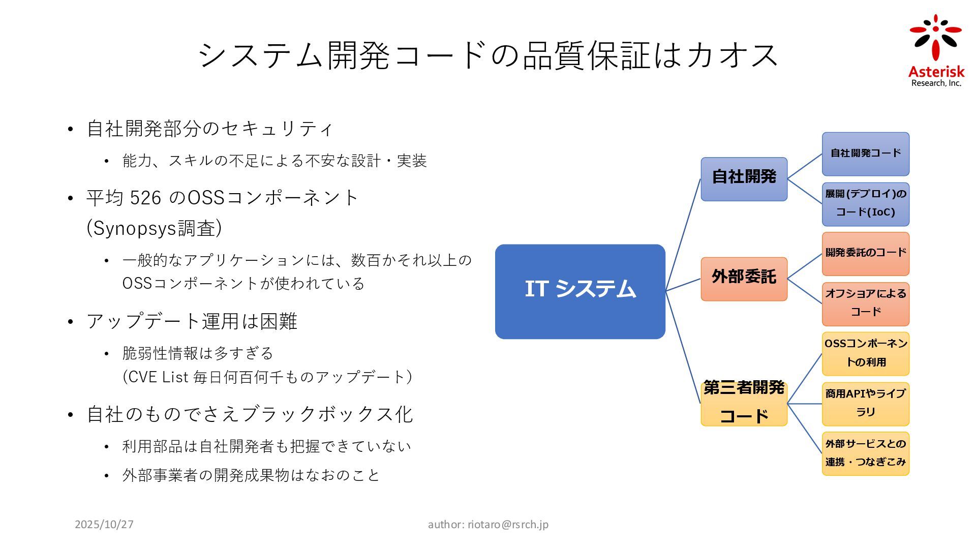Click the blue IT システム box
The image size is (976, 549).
pyautogui.click(x=580, y=291)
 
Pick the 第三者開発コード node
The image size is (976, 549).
pyautogui.click(x=744, y=403)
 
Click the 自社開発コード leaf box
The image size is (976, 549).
pyautogui.click(x=865, y=154)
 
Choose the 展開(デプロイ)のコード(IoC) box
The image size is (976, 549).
pyautogui.click(x=865, y=204)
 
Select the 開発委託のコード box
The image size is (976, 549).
pyautogui.click(x=865, y=253)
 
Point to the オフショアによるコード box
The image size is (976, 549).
pyautogui.click(x=865, y=303)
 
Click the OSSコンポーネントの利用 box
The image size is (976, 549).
pyautogui.click(x=865, y=353)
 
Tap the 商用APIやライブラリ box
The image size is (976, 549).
pyautogui.click(x=865, y=404)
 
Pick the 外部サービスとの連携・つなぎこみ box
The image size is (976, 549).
pyautogui.click(x=865, y=453)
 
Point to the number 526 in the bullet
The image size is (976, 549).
pyautogui.click(x=145, y=198)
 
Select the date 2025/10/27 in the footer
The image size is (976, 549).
pyautogui.click(x=104, y=525)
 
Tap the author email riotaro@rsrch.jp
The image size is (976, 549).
pyautogui.click(x=508, y=525)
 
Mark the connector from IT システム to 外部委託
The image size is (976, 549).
pyautogui.click(x=683, y=285)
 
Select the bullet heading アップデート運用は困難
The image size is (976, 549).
pyautogui.click(x=192, y=321)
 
